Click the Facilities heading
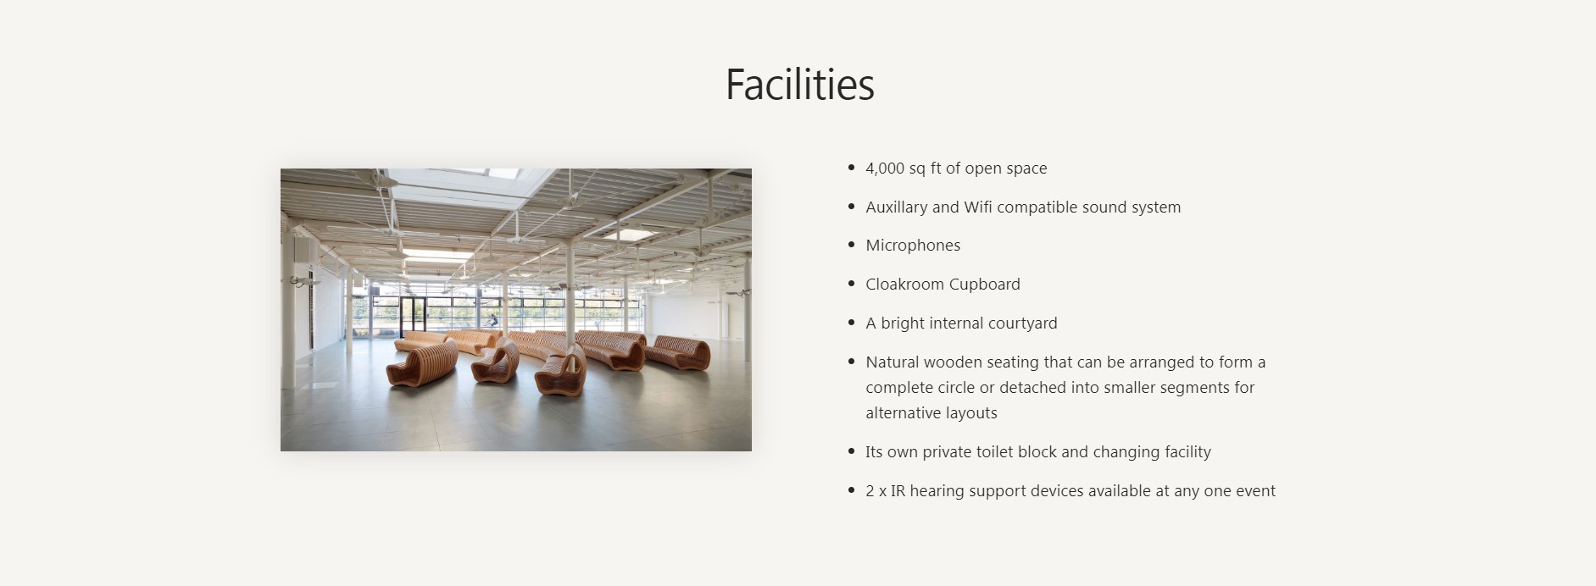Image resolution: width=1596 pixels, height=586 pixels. tap(799, 85)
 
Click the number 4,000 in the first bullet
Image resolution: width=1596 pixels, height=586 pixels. tap(885, 169)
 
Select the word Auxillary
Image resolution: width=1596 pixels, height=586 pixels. tap(897, 207)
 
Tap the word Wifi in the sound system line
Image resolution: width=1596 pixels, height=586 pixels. tap(978, 207)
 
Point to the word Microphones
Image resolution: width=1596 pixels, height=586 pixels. tap(913, 246)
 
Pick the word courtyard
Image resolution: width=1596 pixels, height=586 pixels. tap(1023, 323)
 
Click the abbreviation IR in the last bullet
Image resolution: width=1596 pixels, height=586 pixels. tap(898, 491)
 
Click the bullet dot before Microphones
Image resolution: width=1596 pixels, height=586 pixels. tap(851, 246)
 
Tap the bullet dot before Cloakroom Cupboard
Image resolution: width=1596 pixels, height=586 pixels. tap(851, 285)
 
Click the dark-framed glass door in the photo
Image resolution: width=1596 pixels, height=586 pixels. tap(413, 315)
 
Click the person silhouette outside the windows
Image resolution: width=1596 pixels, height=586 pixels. tap(492, 321)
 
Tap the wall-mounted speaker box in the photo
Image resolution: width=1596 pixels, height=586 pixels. tap(300, 249)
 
